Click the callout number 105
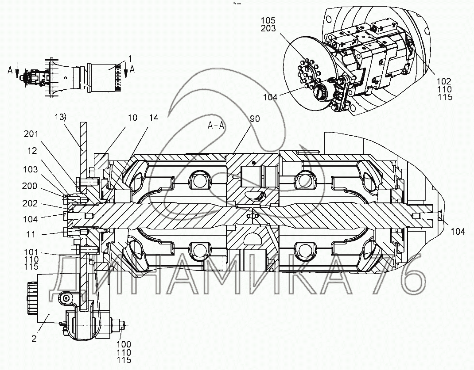point(268,21)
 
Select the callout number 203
point(268,29)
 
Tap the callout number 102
point(443,81)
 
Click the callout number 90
point(255,119)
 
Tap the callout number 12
point(32,151)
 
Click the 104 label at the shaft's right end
point(458,230)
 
